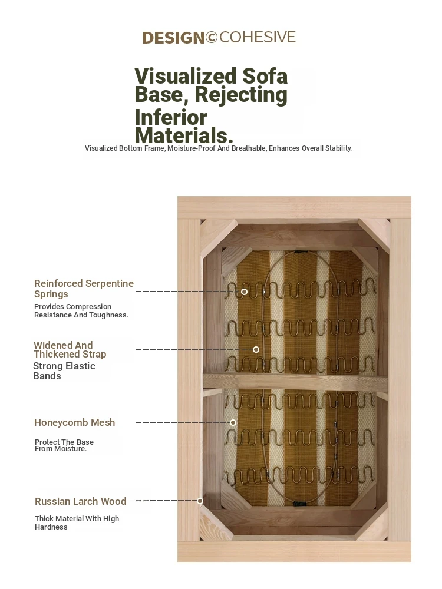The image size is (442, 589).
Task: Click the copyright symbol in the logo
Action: (x=211, y=37)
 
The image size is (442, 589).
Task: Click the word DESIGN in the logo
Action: (x=173, y=38)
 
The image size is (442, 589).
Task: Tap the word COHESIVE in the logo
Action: (x=258, y=37)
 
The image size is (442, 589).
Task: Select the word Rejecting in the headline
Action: (x=241, y=95)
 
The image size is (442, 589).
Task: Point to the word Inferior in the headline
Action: (x=171, y=117)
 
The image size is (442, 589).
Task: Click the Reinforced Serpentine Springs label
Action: (x=84, y=289)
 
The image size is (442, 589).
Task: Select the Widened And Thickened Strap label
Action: (x=70, y=349)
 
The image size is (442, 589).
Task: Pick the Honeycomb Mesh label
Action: (x=74, y=422)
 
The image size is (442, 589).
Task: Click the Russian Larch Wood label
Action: (x=80, y=501)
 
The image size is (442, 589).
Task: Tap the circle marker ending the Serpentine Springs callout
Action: (x=245, y=292)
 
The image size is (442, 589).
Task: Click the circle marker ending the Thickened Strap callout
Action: (x=256, y=350)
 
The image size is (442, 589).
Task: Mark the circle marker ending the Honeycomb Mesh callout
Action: (x=233, y=422)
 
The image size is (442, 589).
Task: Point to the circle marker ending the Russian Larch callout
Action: (x=200, y=501)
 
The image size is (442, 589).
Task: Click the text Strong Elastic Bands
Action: (x=64, y=370)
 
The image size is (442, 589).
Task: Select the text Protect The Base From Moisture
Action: (x=64, y=445)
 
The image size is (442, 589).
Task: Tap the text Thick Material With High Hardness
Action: (x=77, y=522)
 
